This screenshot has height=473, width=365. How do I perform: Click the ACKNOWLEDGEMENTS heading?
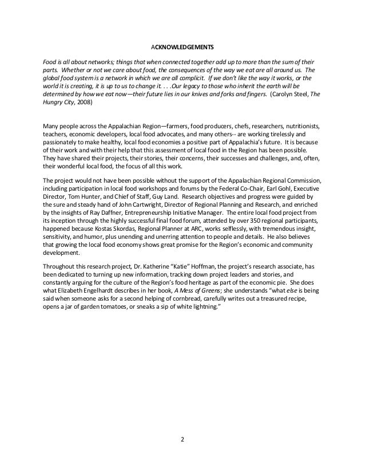(x=182, y=47)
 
